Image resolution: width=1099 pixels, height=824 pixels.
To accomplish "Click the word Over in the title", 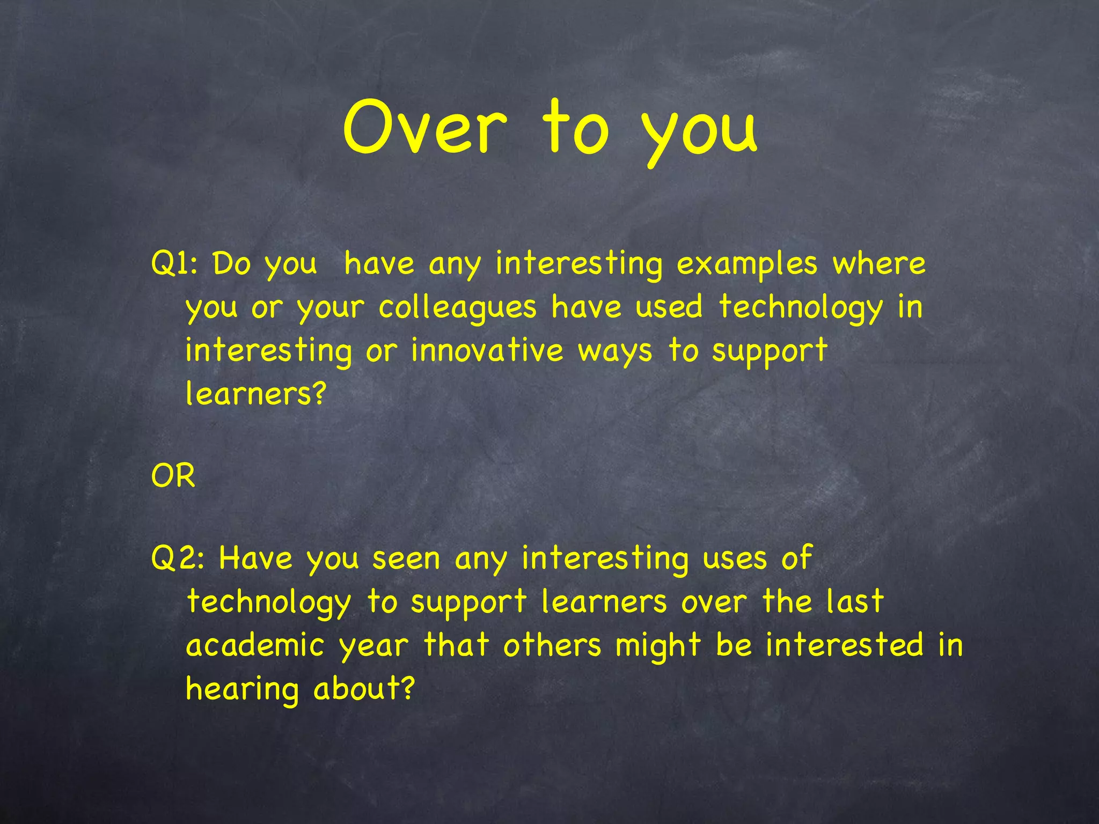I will pyautogui.click(x=424, y=128).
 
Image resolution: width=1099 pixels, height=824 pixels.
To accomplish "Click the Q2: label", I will pyautogui.click(x=178, y=558).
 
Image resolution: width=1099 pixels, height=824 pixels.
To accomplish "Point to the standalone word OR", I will pyautogui.click(x=173, y=476).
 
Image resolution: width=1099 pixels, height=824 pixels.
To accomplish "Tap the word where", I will pyautogui.click(x=879, y=263).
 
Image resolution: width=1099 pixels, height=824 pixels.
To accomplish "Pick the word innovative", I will pyautogui.click(x=487, y=350).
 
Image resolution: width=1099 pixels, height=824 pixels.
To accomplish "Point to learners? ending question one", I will pyautogui.click(x=256, y=394).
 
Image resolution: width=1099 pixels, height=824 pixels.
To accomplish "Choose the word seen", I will pyautogui.click(x=406, y=559).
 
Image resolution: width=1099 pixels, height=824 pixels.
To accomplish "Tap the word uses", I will pyautogui.click(x=735, y=559).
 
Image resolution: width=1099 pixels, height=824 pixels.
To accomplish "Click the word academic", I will pyautogui.click(x=255, y=645).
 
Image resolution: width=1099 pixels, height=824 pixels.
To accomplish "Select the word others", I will pyautogui.click(x=552, y=645).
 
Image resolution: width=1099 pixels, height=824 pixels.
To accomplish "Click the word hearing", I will pyautogui.click(x=242, y=690).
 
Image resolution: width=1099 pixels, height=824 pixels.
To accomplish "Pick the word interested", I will pyautogui.click(x=845, y=645).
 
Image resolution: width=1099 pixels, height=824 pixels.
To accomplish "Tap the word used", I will pyautogui.click(x=669, y=307).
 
